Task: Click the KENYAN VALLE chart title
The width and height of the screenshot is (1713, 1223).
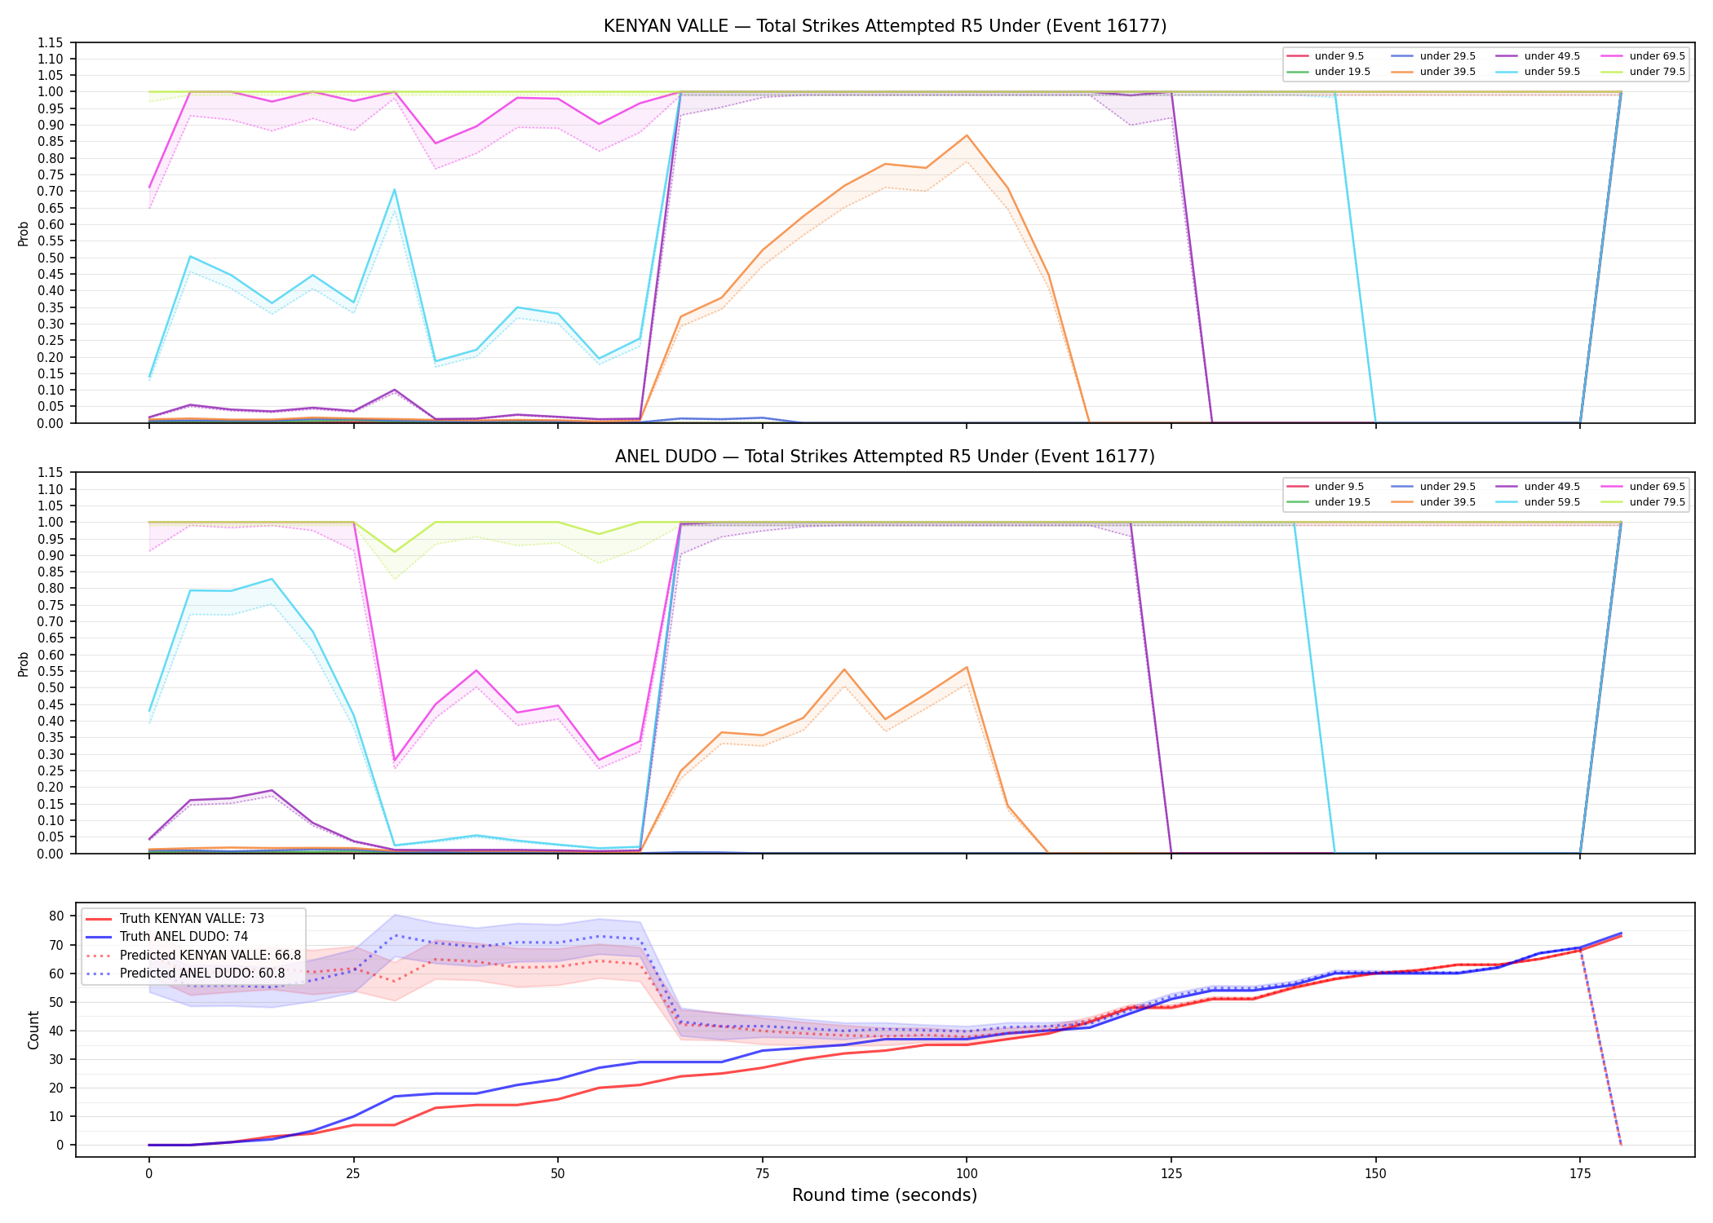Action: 885,26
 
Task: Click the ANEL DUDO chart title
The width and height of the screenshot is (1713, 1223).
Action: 885,457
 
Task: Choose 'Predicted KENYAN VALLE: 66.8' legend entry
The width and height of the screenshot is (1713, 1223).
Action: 193,955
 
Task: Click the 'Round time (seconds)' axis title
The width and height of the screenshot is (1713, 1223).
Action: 884,1195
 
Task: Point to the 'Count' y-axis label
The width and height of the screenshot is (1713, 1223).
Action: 33,1030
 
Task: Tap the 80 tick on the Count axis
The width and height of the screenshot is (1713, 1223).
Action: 56,916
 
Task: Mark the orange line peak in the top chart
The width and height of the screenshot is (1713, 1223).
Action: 967,135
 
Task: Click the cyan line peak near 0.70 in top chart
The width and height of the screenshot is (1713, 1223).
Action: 395,190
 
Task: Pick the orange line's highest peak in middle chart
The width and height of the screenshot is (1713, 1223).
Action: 967,667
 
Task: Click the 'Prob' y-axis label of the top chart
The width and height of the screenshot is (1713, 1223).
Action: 24,233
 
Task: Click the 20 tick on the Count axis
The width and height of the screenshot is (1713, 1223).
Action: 56,1088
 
